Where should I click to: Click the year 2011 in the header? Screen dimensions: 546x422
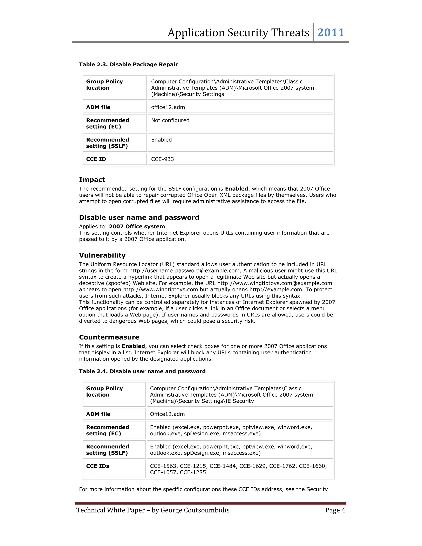pos(331,33)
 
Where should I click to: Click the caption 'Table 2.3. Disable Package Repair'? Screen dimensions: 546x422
pos(128,64)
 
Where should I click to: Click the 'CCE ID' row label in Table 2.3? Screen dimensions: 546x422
pos(96,159)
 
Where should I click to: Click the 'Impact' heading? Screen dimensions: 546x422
pos(92,180)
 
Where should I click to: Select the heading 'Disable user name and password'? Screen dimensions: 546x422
pos(139,218)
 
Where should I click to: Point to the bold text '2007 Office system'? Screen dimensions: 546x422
pos(137,226)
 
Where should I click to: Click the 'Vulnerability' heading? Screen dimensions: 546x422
pos(102,255)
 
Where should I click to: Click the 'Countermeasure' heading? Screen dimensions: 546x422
pos(109,337)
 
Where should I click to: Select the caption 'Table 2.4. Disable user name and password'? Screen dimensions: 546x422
pos(142,371)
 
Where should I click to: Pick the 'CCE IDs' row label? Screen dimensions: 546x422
pos(97,466)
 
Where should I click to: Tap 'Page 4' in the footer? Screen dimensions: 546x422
pos(335,510)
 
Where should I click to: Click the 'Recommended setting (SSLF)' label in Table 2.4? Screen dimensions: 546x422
pos(108,450)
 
